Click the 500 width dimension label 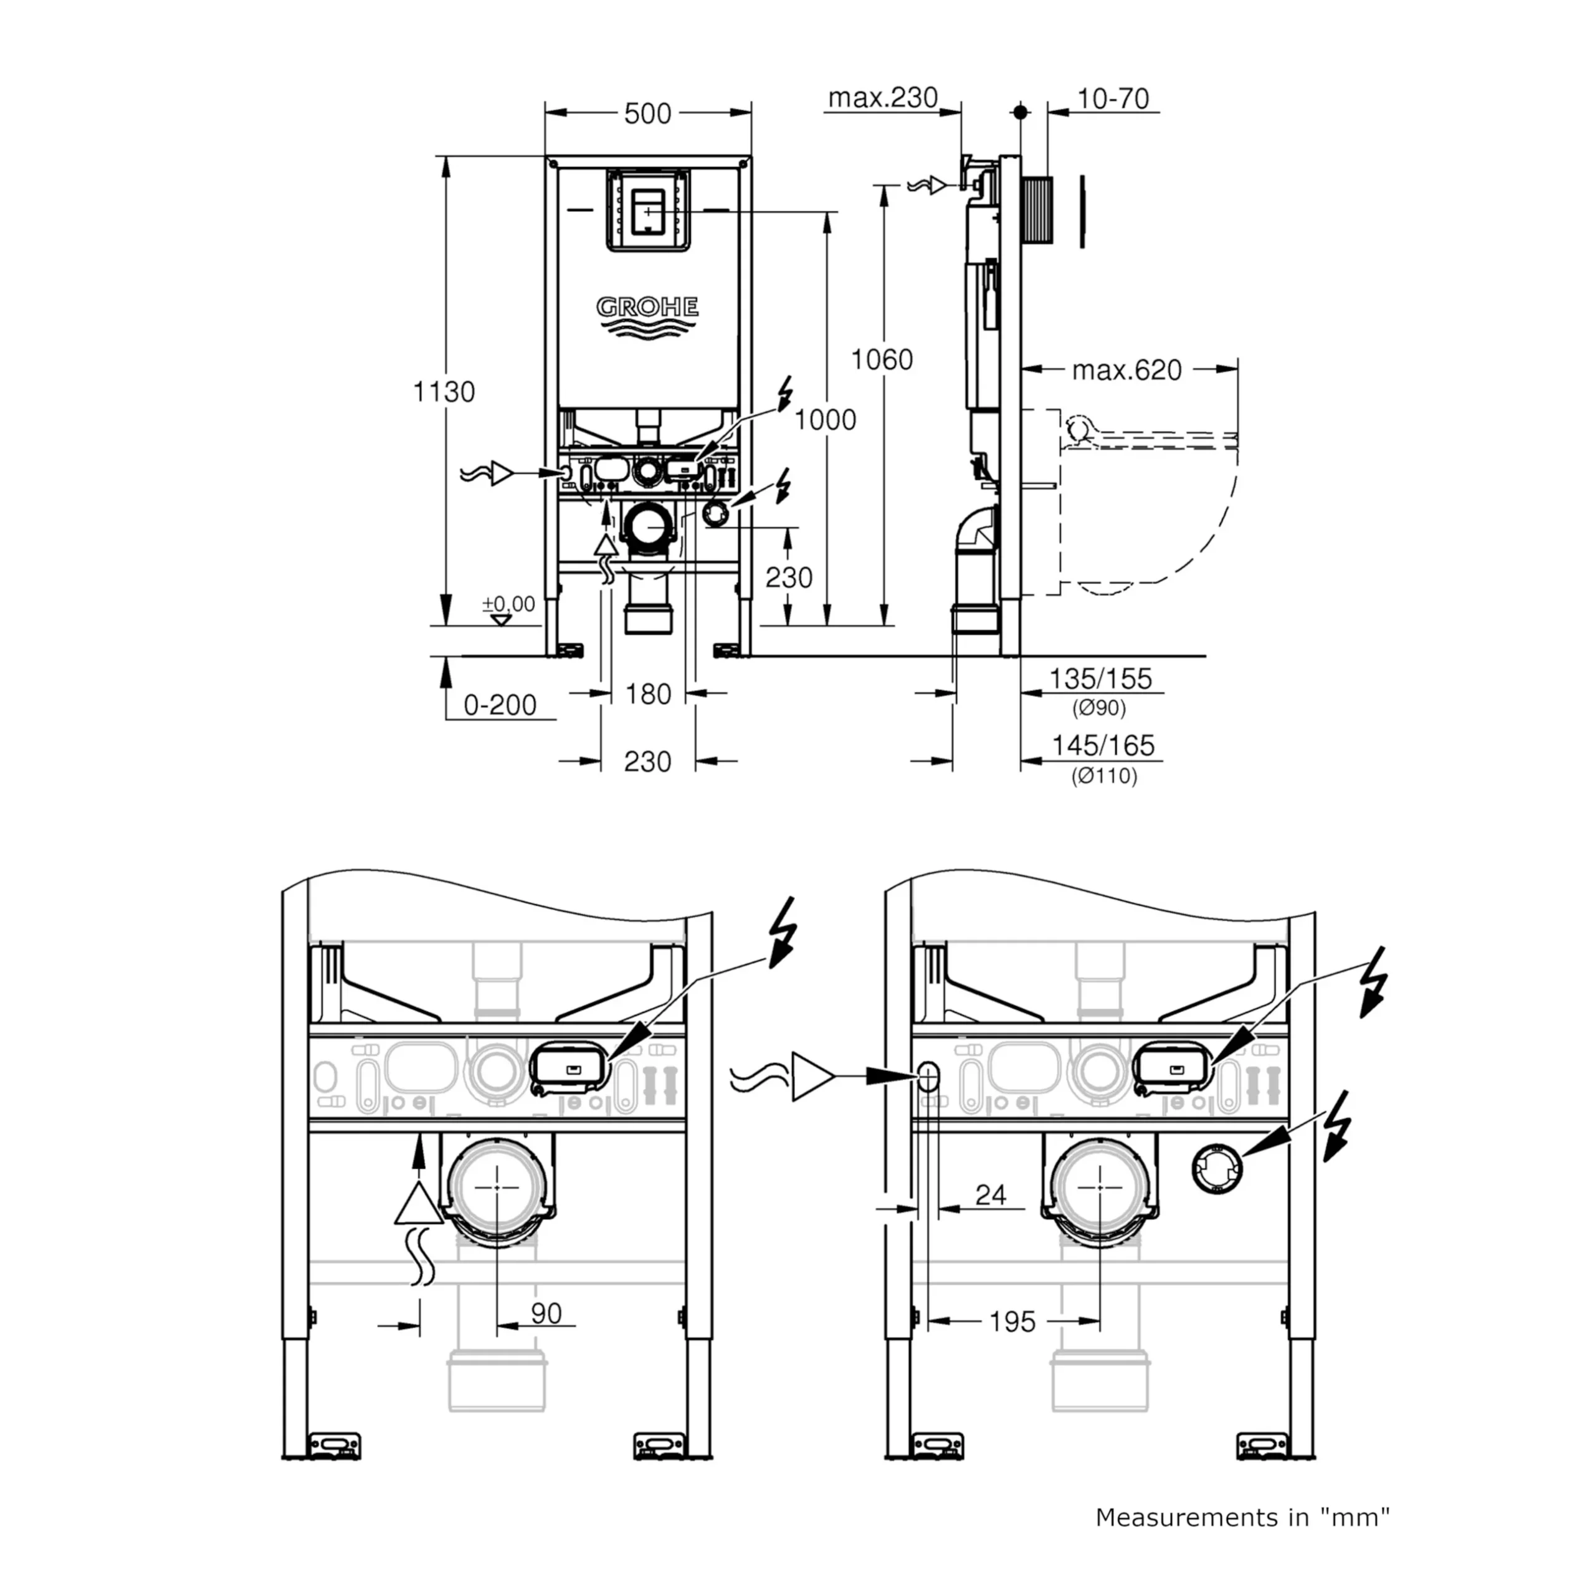pos(647,114)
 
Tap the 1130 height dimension pos(444,391)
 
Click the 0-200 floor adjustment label pos(500,705)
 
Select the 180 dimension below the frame pos(648,694)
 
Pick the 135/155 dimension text pos(1100,678)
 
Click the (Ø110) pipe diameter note pos(1104,776)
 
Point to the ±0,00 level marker pos(508,604)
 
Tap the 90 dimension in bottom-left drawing pos(546,1313)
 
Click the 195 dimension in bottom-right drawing pos(1012,1321)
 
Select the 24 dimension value pos(991,1194)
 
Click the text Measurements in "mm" pos(1242,1516)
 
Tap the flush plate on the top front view pos(648,211)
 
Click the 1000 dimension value pos(825,420)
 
